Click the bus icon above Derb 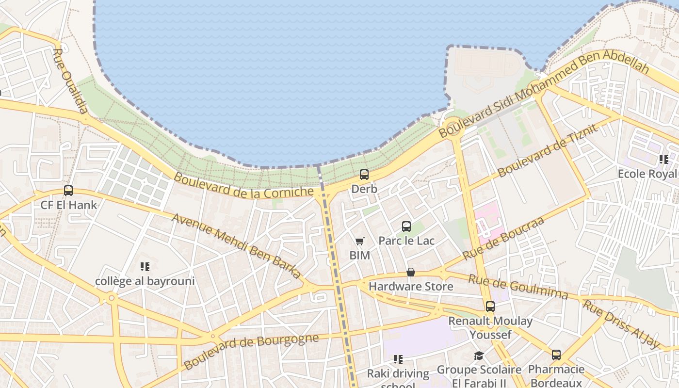(x=364, y=175)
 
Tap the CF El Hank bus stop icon (x=68, y=191)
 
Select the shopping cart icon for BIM (x=359, y=241)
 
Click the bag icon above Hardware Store (x=411, y=272)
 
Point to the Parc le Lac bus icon (x=406, y=226)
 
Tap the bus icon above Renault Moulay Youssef (x=490, y=307)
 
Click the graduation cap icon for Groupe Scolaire (x=479, y=356)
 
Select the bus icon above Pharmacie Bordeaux (x=556, y=355)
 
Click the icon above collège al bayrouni (x=145, y=267)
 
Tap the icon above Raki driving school (x=398, y=359)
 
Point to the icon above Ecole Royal (x=663, y=160)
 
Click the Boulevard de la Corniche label (x=243, y=186)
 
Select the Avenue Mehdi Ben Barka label (x=236, y=245)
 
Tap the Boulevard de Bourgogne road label (x=251, y=350)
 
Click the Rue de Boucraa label (x=503, y=239)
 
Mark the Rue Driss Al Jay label (x=621, y=324)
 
